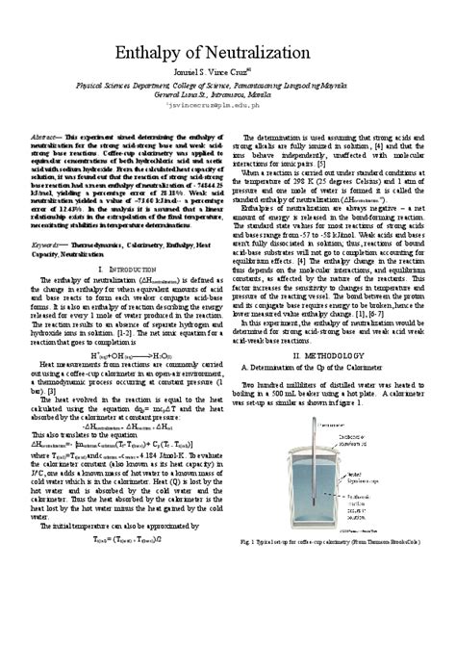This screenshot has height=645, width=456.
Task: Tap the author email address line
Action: pyautogui.click(x=228, y=111)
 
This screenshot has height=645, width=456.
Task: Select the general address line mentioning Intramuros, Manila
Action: pyautogui.click(x=228, y=97)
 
